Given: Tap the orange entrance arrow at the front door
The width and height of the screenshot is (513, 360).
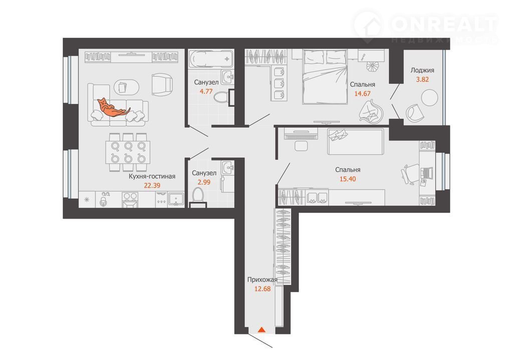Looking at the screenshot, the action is pos(262,329).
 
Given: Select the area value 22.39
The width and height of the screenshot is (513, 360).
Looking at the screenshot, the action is pos(152,186).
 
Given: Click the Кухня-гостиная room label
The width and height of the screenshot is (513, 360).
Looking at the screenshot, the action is pos(152,176).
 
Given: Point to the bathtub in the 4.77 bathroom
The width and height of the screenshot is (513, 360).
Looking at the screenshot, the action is pos(211,59).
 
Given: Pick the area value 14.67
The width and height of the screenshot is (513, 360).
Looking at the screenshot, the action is pos(363,93).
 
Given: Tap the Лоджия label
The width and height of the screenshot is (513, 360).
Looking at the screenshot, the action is pos(422,70).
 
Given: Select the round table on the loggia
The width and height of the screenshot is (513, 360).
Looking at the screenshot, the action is pos(429,98).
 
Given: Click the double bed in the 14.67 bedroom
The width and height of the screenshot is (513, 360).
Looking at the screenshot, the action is pos(325,77).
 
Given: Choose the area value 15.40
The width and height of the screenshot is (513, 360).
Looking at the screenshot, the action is pos(348,179).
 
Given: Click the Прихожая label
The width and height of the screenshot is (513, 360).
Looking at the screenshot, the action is pos(262,280).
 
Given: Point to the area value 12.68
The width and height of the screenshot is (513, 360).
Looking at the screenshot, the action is pos(263,289).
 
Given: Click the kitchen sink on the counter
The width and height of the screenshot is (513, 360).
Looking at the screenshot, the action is pos(176,199).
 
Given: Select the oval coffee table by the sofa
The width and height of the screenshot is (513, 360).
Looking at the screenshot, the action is pos(126,87).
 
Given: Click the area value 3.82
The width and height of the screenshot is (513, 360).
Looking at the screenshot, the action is pos(422,79).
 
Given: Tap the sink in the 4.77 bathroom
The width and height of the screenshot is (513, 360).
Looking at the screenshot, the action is pos(227,77).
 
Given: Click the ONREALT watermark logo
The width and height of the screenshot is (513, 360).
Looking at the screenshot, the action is pos(426,26).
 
